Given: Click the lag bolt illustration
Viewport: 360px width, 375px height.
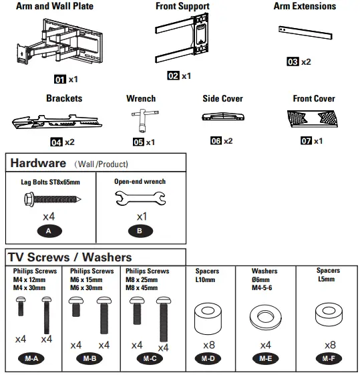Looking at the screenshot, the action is click(x=52, y=199).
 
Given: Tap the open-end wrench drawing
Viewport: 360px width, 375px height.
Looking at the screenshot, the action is click(x=140, y=199).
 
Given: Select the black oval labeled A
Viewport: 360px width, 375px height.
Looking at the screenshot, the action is click(x=49, y=231).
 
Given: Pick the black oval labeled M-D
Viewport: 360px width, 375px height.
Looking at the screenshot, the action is click(x=208, y=358).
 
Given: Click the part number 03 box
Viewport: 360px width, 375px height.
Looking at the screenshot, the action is click(x=293, y=61).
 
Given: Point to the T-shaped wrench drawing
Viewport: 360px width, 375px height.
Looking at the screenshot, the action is click(x=145, y=120).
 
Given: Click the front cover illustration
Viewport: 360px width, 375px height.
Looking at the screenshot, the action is click(x=313, y=118).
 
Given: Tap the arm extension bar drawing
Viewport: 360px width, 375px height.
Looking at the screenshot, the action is click(x=305, y=33).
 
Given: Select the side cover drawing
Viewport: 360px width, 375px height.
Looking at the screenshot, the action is click(x=223, y=116).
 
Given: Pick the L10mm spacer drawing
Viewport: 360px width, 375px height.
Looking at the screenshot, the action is click(x=208, y=319).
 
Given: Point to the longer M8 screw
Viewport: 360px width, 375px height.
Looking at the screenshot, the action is click(x=164, y=320).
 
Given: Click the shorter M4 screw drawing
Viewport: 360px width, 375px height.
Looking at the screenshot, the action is click(x=21, y=306).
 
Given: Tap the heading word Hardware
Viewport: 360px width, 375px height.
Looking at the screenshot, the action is click(x=38, y=163).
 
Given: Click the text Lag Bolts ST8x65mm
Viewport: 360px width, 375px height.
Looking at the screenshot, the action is click(x=50, y=182).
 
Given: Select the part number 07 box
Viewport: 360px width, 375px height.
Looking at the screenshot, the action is click(x=307, y=140).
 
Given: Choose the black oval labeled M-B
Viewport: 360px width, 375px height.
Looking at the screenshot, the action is click(x=89, y=358).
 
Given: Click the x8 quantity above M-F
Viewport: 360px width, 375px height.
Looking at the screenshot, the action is click(x=331, y=345).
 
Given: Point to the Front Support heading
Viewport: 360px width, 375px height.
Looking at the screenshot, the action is click(x=182, y=6).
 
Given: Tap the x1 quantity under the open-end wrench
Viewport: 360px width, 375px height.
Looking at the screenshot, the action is click(x=142, y=217).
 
